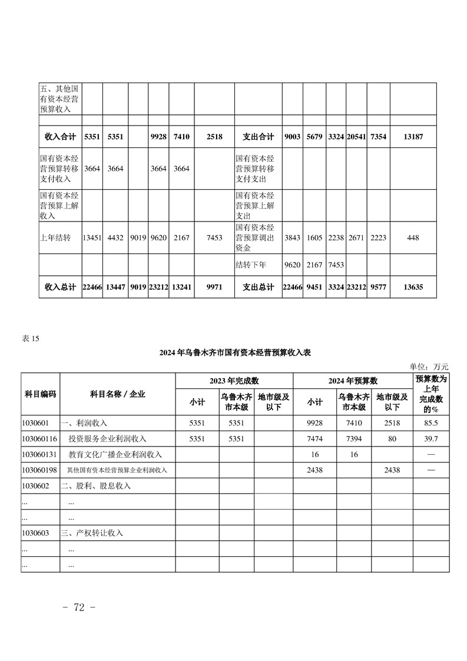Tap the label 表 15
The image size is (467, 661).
30,338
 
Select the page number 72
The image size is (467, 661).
79,608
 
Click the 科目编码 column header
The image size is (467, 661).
40,394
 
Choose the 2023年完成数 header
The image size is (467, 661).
234,381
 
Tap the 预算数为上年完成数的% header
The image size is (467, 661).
431,394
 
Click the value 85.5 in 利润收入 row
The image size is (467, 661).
431,423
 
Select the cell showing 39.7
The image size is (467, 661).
431,439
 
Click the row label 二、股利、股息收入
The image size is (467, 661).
95,486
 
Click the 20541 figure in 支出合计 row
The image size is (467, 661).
356,137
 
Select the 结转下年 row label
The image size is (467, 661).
250,265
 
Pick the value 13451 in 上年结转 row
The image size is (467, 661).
92,238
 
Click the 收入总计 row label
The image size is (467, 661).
61,287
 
